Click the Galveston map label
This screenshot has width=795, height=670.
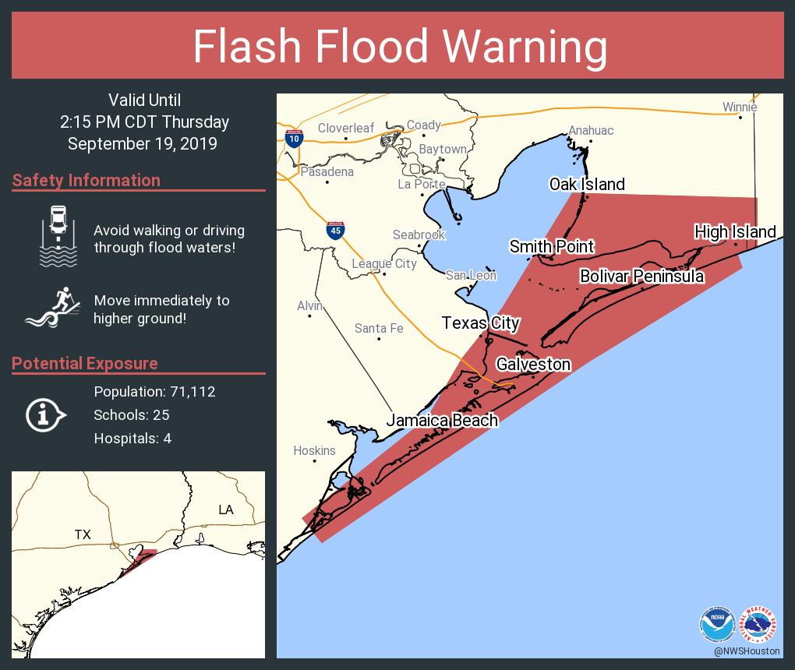pyautogui.click(x=533, y=365)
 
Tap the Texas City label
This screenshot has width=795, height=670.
pyautogui.click(x=480, y=323)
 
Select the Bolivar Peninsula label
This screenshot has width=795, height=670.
pyautogui.click(x=641, y=277)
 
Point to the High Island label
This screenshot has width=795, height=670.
pyautogui.click(x=735, y=231)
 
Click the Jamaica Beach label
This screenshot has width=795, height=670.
pyautogui.click(x=442, y=421)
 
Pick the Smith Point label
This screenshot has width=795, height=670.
pyautogui.click(x=552, y=247)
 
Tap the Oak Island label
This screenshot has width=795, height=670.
pyautogui.click(x=587, y=185)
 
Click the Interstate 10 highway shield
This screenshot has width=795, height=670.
pyautogui.click(x=294, y=139)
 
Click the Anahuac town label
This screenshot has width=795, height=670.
pyautogui.click(x=590, y=130)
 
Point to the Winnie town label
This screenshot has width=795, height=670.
pyautogui.click(x=739, y=107)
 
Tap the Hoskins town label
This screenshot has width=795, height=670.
pyautogui.click(x=314, y=450)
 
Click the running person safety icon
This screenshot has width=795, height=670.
pyautogui.click(x=52, y=307)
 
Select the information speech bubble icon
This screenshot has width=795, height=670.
pyautogui.click(x=46, y=415)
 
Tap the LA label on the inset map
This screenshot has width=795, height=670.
pyautogui.click(x=225, y=510)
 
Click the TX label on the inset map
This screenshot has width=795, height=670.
pyautogui.click(x=83, y=534)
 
